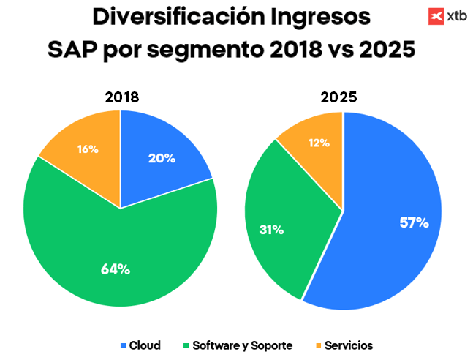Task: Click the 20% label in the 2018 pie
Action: click(161, 157)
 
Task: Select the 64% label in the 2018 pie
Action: click(116, 269)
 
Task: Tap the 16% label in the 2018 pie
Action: click(88, 149)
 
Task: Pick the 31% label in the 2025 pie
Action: click(272, 230)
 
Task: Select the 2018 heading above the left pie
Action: click(122, 97)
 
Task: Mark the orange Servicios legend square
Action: click(318, 345)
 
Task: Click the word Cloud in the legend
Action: click(145, 345)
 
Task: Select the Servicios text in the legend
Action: click(349, 345)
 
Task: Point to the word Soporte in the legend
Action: click(271, 345)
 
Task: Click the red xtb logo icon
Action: click(436, 15)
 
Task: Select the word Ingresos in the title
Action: click(320, 17)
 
